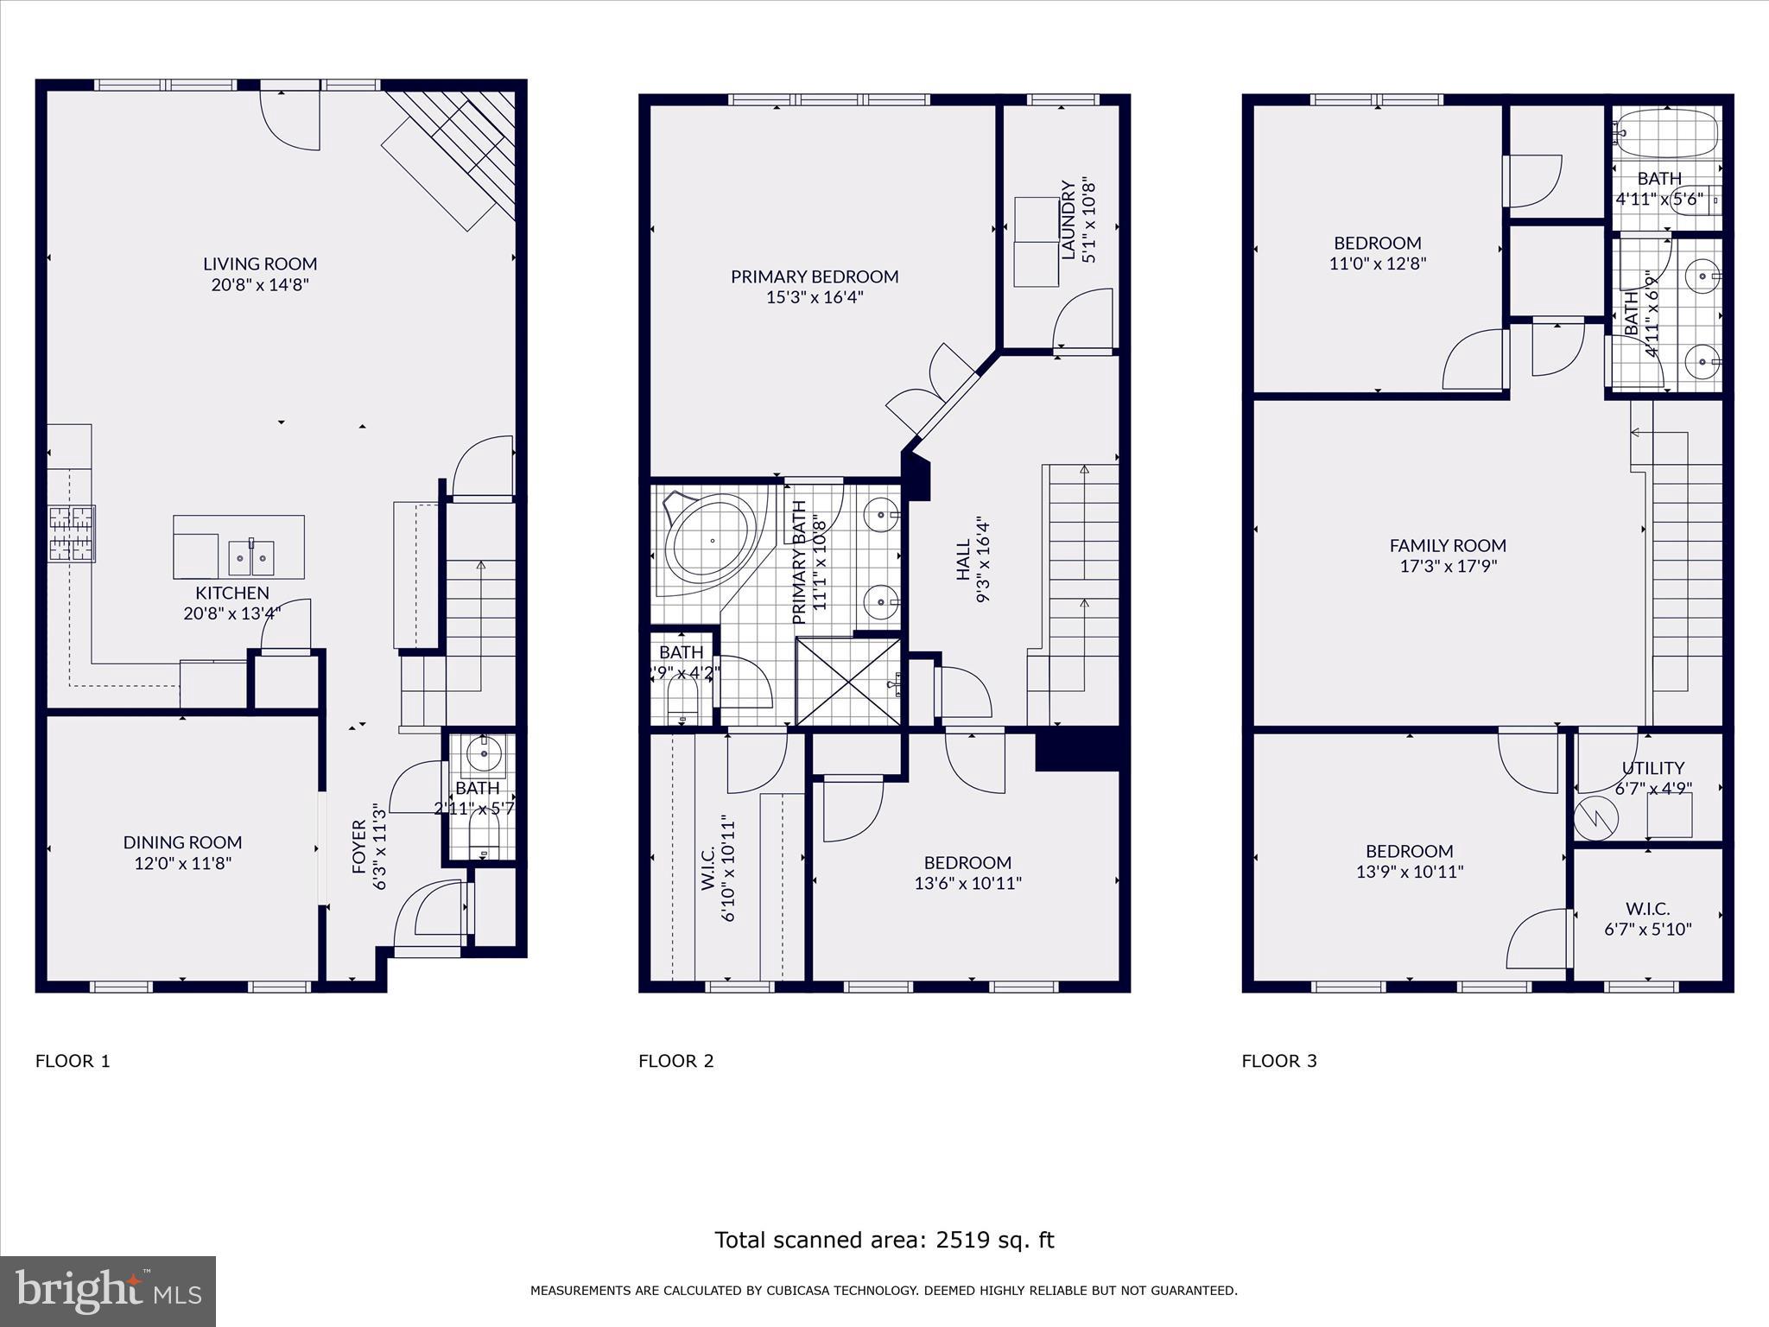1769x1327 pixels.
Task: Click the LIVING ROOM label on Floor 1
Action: [260, 263]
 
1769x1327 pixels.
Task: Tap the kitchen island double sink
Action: [251, 557]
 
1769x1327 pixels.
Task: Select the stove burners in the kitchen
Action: [71, 533]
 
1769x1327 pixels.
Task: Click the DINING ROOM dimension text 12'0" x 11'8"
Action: [182, 862]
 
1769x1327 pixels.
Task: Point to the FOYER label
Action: [359, 847]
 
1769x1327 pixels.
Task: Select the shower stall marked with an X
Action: [848, 682]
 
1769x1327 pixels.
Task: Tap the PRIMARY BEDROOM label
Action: [815, 276]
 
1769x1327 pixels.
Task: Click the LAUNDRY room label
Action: [1068, 220]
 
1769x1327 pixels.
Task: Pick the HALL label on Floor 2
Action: [963, 562]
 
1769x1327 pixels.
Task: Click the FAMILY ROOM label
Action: [1448, 545]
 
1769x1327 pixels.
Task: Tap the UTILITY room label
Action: [1652, 768]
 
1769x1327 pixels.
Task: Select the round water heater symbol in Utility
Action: [1592, 816]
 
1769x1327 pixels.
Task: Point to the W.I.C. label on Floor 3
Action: [1647, 909]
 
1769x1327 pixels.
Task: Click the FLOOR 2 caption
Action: [675, 1061]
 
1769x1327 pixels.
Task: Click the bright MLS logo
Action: [108, 1291]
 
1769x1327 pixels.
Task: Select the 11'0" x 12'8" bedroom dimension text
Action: [1377, 263]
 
